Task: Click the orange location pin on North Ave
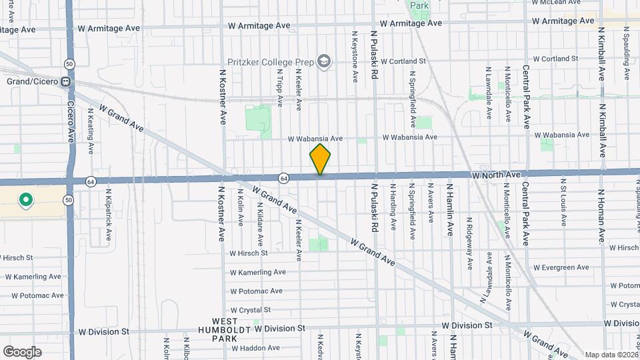pos(320,159)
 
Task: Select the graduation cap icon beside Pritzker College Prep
pos(323,62)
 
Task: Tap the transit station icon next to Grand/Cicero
pos(66,82)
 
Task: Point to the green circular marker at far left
pos(25,199)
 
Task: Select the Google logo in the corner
pos(22,351)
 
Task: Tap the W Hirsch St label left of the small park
pos(249,253)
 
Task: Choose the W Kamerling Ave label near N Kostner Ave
pos(258,272)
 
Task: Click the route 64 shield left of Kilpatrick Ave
pos(90,181)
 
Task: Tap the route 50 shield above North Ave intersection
pos(69,64)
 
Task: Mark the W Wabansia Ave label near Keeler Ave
pos(315,139)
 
